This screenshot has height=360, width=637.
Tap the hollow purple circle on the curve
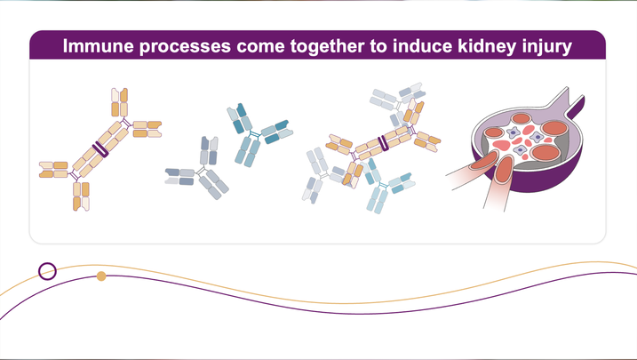pyautogui.click(x=48, y=270)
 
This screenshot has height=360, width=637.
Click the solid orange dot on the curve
pyautogui.click(x=101, y=276)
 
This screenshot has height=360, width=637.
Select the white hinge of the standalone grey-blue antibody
pyautogui.click(x=200, y=168)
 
